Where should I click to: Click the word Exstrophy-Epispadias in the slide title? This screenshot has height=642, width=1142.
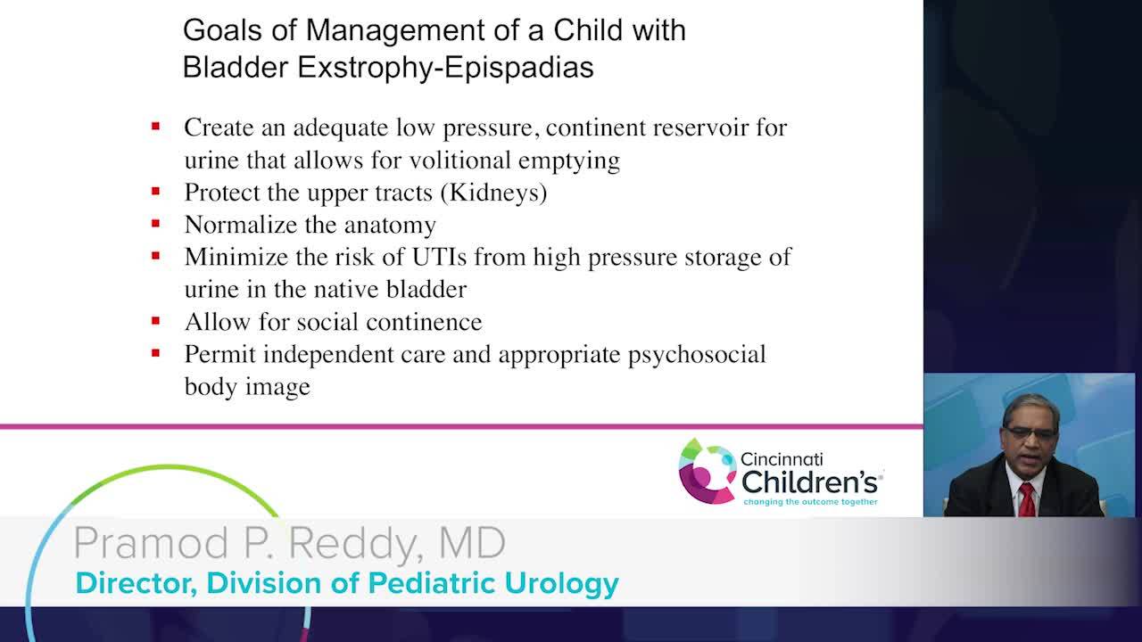tap(445, 68)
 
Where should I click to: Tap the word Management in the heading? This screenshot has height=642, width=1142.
tap(394, 30)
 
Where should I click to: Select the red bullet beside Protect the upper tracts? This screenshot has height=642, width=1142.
tap(156, 191)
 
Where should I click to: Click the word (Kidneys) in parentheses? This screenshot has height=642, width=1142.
tap(493, 193)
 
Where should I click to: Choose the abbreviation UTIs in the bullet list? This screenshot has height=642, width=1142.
tap(439, 257)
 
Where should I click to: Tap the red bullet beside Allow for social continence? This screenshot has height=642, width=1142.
tap(156, 320)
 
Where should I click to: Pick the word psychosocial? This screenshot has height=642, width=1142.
tap(697, 355)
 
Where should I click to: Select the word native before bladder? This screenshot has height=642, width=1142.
tap(345, 290)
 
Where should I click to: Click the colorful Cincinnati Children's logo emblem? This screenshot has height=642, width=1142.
tap(707, 471)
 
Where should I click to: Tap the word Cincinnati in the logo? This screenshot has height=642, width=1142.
tap(782, 459)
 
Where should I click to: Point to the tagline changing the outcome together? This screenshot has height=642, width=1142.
tap(811, 502)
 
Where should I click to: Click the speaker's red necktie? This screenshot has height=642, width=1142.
tap(1027, 500)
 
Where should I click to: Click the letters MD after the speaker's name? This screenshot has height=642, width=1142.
tap(472, 542)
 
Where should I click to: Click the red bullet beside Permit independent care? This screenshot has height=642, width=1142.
tap(156, 352)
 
